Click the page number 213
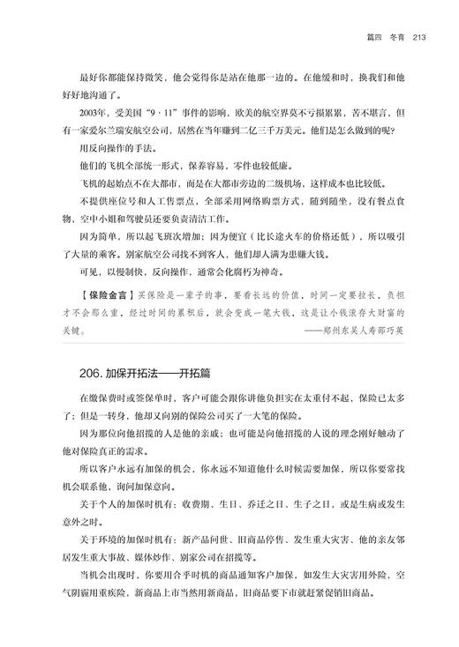click(x=419, y=36)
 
